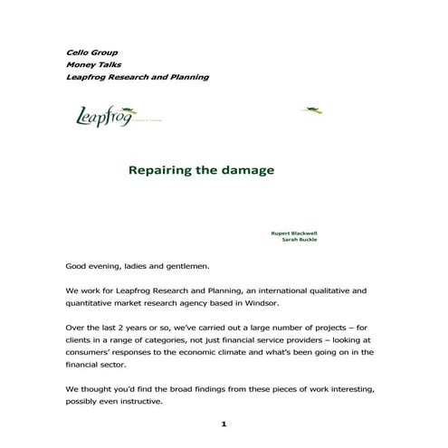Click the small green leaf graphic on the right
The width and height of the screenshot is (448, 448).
click(x=312, y=110)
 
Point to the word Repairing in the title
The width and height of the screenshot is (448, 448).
click(x=164, y=169)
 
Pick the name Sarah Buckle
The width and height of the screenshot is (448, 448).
click(x=300, y=240)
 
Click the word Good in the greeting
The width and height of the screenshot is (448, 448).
click(x=76, y=266)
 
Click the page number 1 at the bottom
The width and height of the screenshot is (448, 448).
click(x=223, y=423)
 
